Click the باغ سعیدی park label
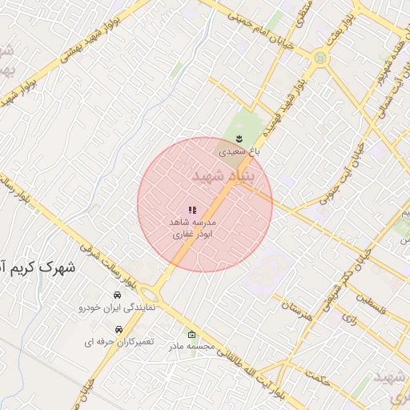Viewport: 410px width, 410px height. pyautogui.click(x=239, y=150)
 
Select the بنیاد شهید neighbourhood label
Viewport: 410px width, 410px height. pyautogui.click(x=223, y=176)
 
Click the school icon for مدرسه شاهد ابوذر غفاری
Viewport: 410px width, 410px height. pyautogui.click(x=192, y=210)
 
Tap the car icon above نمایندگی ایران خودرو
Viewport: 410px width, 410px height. pyautogui.click(x=117, y=295)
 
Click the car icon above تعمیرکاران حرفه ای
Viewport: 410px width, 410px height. pyautogui.click(x=119, y=329)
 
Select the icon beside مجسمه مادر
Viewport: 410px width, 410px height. pyautogui.click(x=191, y=335)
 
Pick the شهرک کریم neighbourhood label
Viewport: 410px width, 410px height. pyautogui.click(x=40, y=267)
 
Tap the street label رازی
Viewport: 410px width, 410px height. pyautogui.click(x=348, y=318)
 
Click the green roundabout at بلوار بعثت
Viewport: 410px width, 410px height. pyautogui.click(x=320, y=58)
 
